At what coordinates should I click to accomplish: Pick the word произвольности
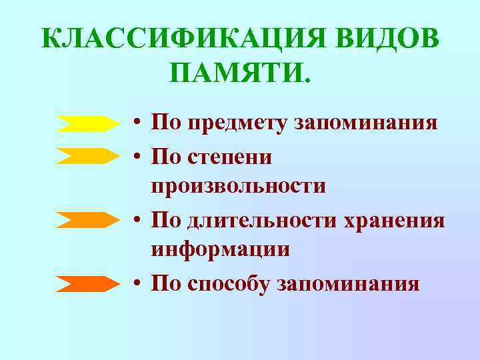click(239, 187)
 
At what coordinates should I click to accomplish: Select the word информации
click(221, 250)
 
